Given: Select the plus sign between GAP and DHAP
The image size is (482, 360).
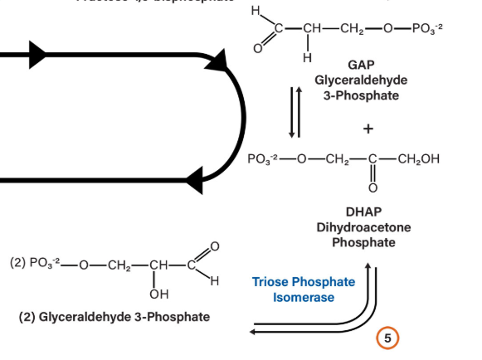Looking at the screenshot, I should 367,129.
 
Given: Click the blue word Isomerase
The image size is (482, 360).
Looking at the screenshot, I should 304,297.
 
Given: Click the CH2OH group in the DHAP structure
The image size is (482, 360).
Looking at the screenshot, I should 419,159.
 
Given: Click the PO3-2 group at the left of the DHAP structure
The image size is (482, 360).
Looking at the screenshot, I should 267,159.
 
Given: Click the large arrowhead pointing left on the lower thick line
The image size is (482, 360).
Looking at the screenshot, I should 196,180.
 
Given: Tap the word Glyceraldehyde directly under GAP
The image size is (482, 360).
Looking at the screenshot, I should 363,80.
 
